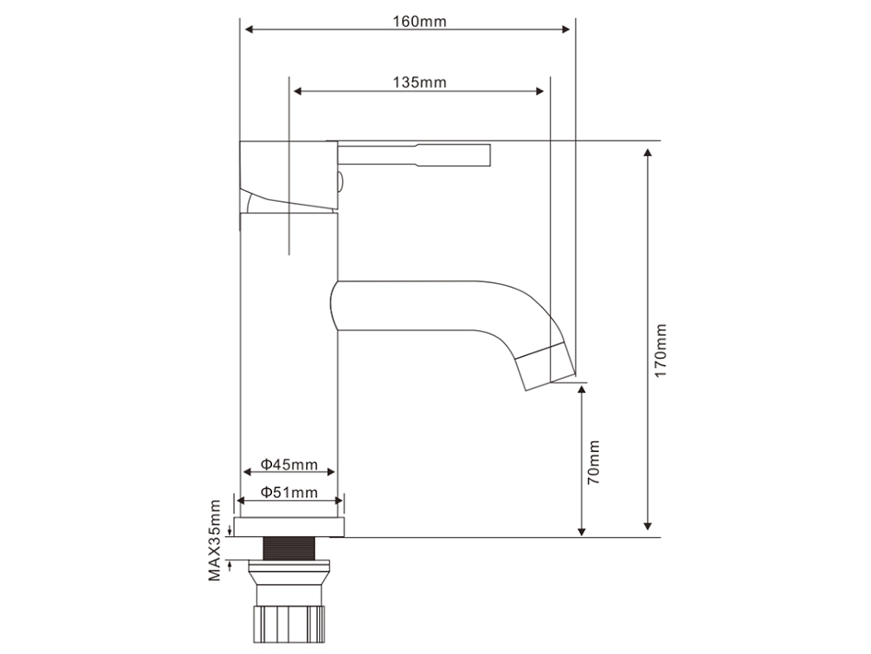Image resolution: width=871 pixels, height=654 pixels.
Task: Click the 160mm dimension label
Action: [419, 21]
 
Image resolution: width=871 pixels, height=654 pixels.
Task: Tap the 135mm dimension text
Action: [419, 82]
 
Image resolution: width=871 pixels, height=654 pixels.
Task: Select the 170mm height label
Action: [660, 351]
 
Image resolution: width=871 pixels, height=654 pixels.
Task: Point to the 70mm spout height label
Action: [594, 462]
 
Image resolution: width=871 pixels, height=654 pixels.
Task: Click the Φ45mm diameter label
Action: [288, 464]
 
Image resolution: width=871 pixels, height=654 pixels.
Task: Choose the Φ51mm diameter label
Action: [288, 493]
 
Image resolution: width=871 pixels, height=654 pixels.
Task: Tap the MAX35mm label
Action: [215, 541]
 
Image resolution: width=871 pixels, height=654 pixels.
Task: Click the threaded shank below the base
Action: [288, 548]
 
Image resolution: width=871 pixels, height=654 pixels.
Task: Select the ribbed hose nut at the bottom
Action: [288, 624]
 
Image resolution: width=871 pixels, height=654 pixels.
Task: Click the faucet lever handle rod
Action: [415, 155]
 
